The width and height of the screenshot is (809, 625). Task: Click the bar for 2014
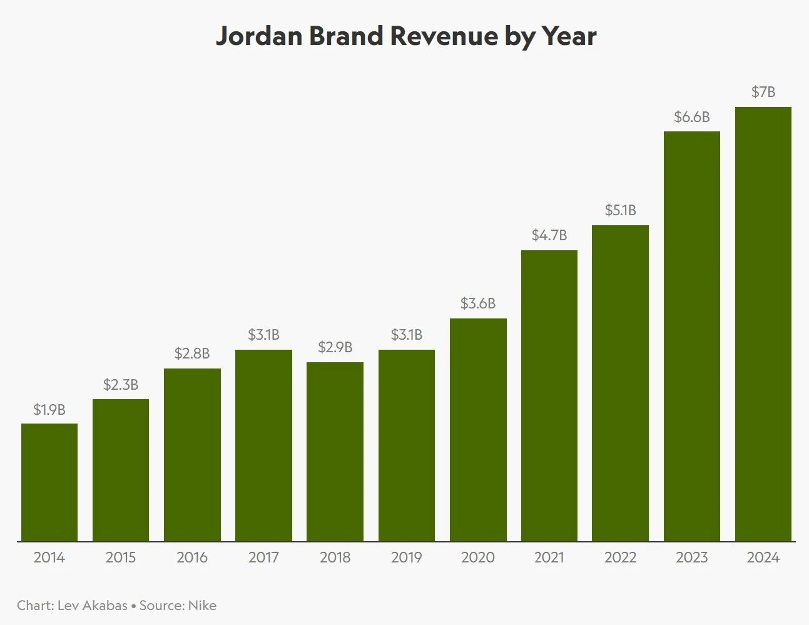pos(49,482)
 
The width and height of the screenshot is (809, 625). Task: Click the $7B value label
pos(763,92)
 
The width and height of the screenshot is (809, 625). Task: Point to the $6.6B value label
pos(691,117)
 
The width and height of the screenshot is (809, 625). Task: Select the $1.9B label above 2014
pos(49,410)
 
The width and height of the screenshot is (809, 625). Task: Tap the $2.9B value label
pos(335,347)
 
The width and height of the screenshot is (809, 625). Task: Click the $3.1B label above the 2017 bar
pos(263,335)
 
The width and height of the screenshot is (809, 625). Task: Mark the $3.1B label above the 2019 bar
pos(406,335)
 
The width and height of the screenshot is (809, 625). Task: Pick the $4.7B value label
pos(549,235)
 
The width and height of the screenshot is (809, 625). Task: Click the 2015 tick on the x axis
pos(121,557)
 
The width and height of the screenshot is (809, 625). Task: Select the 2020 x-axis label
pos(477,557)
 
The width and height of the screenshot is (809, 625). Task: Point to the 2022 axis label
pos(620,557)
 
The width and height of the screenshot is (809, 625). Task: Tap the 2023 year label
pos(691,557)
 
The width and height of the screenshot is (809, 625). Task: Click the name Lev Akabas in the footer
pos(92,606)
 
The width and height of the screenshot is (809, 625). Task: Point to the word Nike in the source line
pos(202,606)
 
